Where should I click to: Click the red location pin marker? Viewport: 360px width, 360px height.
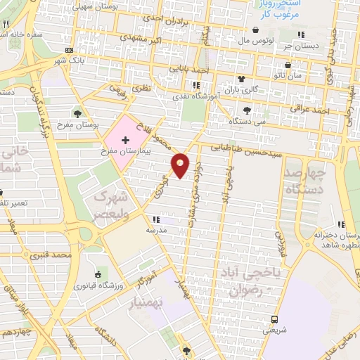(181, 164)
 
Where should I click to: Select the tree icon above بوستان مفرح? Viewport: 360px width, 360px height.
(77, 113)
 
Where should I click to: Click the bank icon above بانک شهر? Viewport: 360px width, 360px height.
(69, 51)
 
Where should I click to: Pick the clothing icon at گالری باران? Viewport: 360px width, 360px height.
(240, 79)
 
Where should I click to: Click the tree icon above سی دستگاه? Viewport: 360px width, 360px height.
(247, 110)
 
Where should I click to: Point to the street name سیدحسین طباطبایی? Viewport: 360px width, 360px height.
(243, 148)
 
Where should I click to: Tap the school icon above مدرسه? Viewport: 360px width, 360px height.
(166, 219)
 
